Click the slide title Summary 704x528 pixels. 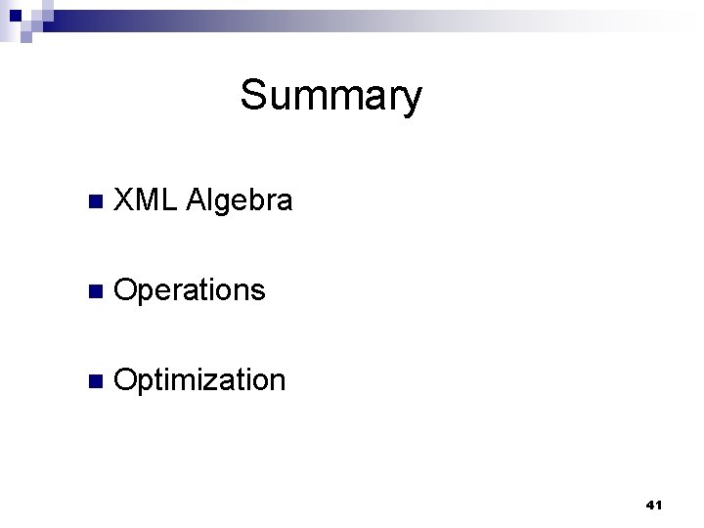click(330, 97)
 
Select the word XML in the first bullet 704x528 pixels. click(144, 201)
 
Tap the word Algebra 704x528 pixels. click(238, 202)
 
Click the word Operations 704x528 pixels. click(189, 291)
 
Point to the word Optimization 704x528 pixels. click(199, 380)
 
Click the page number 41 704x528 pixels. click(654, 505)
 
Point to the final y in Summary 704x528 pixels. click(412, 101)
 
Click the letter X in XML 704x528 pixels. click(124, 201)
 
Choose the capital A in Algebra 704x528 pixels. click(194, 201)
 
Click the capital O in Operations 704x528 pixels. click(126, 290)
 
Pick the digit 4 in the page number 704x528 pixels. click(650, 505)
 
